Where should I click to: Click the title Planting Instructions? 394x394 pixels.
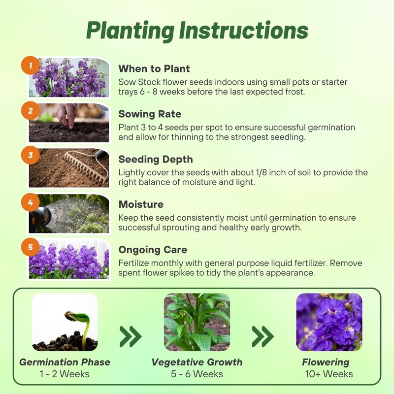pos(197,31)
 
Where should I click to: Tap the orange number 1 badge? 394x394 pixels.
pos(31,66)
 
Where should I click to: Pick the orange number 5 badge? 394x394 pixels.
pos(31,247)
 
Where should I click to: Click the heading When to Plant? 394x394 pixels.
pos(154,68)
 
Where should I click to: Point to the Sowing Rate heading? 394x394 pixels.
pos(150,114)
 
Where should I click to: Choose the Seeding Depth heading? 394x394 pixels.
pos(156,159)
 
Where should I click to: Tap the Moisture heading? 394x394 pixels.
pos(141,204)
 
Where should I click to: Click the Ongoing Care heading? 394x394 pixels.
pos(153,250)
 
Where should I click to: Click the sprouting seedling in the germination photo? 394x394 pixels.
pos(79,323)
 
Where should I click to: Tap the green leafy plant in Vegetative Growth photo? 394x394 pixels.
pos(197,323)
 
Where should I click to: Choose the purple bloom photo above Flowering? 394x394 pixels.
pos(329,323)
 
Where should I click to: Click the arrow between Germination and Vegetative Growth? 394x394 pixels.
pos(131,336)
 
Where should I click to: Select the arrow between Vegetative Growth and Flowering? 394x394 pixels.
pos(263,336)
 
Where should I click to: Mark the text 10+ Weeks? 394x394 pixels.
pos(328,374)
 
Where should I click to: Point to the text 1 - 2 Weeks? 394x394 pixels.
pos(65,374)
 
